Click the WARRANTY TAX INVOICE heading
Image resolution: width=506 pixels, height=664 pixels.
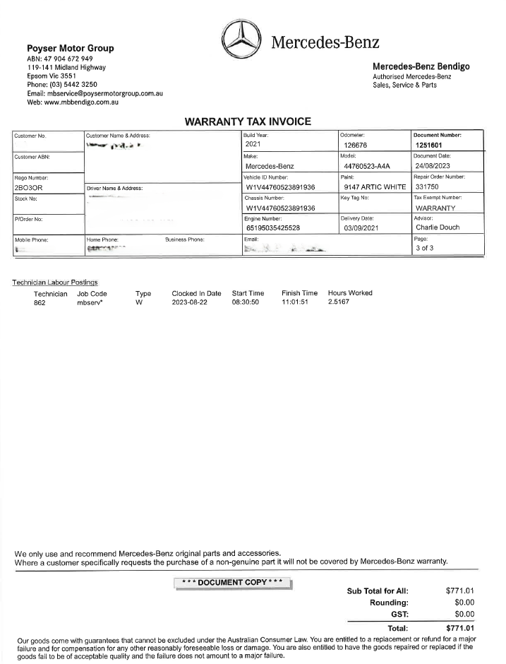click(248, 121)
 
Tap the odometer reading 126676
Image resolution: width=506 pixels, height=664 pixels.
click(359, 146)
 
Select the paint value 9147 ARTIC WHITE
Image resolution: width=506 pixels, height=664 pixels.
click(374, 187)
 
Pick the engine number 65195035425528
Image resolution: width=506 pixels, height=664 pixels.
click(282, 228)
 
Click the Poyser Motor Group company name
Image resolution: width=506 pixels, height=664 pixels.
click(70, 48)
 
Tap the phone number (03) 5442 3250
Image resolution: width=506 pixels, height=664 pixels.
click(67, 84)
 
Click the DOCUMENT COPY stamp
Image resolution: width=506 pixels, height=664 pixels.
click(232, 583)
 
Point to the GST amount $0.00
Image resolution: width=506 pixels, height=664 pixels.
click(461, 614)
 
